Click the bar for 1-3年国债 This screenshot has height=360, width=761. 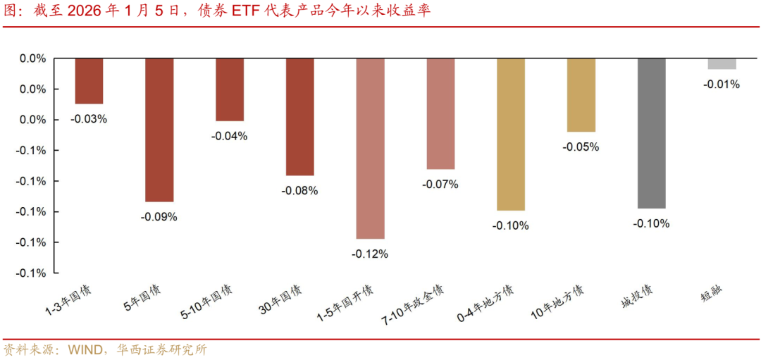[x=89, y=81]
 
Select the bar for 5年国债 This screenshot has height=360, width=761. [x=159, y=130]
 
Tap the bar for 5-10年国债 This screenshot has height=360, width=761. [x=230, y=89]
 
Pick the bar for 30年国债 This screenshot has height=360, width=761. [x=300, y=116]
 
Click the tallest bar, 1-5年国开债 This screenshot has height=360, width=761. [x=371, y=148]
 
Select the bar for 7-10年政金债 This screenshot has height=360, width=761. [x=440, y=113]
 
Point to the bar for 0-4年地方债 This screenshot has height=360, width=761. [x=511, y=134]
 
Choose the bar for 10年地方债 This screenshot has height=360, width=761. [x=581, y=95]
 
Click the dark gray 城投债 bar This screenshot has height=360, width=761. [x=652, y=133]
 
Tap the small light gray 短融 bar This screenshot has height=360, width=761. [x=722, y=63]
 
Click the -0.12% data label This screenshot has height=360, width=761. [x=371, y=254]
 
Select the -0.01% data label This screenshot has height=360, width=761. [x=722, y=85]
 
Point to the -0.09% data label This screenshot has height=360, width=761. [x=159, y=217]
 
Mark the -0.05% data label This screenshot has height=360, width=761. [x=581, y=147]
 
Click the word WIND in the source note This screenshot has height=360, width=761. [x=85, y=349]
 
